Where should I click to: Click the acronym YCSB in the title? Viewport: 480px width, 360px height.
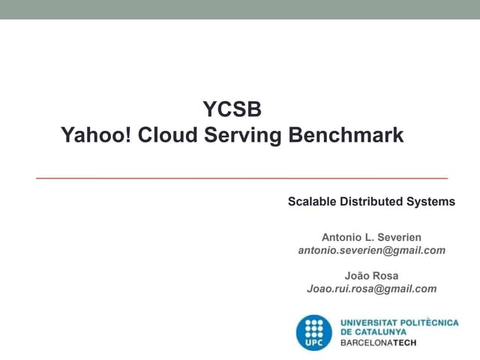(x=232, y=110)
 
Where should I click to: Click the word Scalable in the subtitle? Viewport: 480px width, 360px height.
(x=313, y=202)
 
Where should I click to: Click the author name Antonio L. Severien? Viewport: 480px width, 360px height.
(x=371, y=237)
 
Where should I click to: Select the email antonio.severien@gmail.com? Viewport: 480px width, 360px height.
(x=371, y=250)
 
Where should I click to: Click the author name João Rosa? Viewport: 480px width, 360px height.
(x=371, y=275)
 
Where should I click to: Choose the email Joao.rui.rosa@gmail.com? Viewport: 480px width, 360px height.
(x=371, y=288)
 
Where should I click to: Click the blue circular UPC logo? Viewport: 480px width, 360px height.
(x=314, y=330)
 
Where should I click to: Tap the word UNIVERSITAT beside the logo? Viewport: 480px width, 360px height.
(x=370, y=322)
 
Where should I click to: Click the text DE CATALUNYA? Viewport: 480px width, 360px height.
(x=373, y=331)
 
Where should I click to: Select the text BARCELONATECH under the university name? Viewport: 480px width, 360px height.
(x=378, y=343)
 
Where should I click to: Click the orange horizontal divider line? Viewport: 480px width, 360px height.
(x=241, y=178)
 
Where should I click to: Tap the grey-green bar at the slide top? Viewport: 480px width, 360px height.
(x=240, y=9)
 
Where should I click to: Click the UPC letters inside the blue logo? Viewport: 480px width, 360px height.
(x=314, y=343)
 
